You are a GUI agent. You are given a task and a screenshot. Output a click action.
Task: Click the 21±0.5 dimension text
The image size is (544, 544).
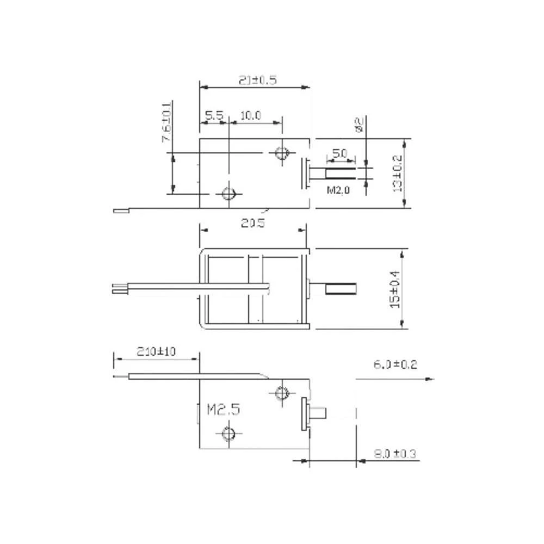(258, 80)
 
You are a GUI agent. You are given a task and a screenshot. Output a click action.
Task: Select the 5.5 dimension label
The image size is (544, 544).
(214, 115)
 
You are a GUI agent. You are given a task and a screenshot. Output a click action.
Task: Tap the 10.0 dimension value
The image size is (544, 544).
(251, 115)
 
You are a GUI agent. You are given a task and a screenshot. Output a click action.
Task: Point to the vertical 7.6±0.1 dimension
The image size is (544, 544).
(166, 123)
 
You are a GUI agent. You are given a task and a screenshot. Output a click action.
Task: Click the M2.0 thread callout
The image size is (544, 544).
(339, 190)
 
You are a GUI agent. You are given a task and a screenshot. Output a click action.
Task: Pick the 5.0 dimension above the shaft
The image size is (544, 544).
(339, 154)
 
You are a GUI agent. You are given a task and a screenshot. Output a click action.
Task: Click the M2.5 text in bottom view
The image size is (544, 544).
(223, 409)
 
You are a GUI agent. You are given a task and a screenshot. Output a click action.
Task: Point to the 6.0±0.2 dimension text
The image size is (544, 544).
(395, 364)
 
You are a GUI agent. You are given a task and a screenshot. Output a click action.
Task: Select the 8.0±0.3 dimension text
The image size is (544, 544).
(395, 453)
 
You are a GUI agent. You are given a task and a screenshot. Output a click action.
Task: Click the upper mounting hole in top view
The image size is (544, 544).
(281, 153)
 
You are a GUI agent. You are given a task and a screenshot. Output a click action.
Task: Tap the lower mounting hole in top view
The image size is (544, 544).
(228, 193)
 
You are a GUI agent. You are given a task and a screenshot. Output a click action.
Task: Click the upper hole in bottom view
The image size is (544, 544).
(282, 392)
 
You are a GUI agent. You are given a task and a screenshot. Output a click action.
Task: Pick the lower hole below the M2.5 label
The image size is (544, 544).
(228, 433)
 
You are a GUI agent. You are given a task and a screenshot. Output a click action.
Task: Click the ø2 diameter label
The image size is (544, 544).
(358, 125)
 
